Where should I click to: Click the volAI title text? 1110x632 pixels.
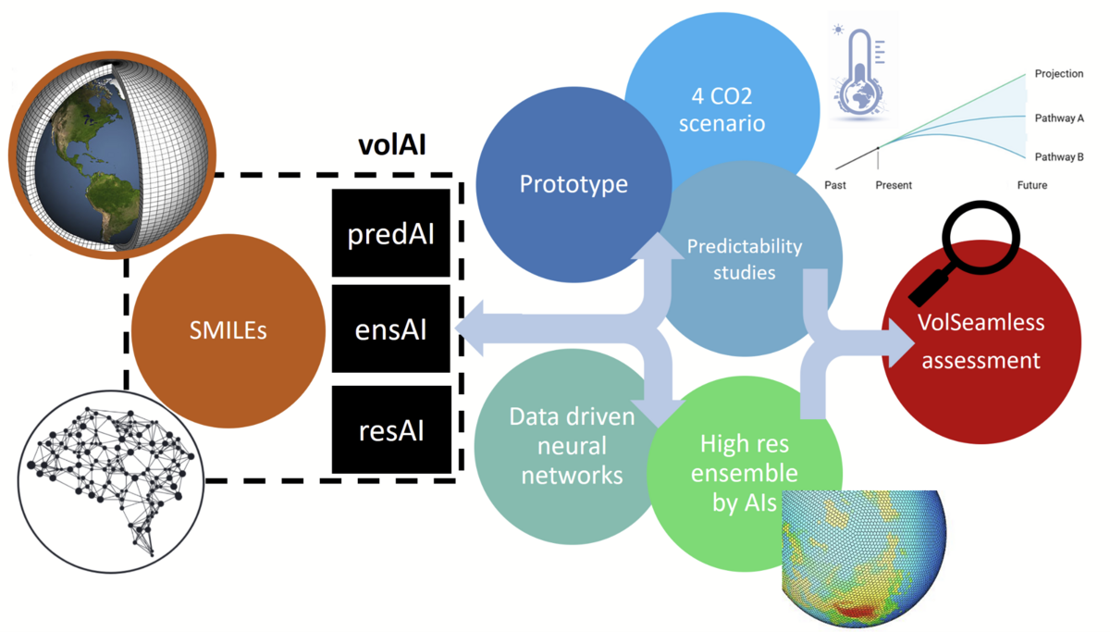391,145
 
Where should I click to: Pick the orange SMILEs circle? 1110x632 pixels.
228,329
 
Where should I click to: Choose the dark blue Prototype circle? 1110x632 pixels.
573,183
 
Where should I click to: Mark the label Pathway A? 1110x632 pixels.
1059,118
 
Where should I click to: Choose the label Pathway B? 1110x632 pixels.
1059,157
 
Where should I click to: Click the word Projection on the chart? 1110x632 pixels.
1059,74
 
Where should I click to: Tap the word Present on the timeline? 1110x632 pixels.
894,185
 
